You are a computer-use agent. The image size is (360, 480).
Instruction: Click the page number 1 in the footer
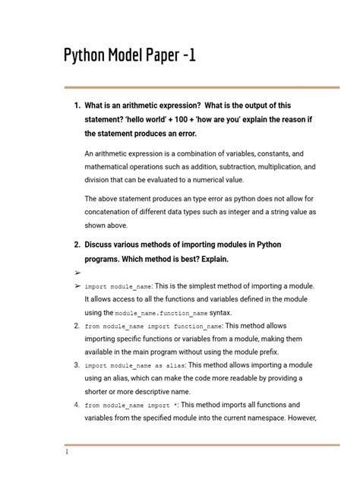pyautogui.click(x=68, y=452)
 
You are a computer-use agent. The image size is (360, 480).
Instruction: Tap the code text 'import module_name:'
pyautogui.click(x=118, y=286)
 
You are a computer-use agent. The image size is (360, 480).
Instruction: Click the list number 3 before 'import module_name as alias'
pyautogui.click(x=77, y=365)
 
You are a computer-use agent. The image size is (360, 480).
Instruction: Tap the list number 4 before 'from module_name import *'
pyautogui.click(x=77, y=405)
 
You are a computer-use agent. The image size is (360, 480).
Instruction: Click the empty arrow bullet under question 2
pyautogui.click(x=77, y=272)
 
